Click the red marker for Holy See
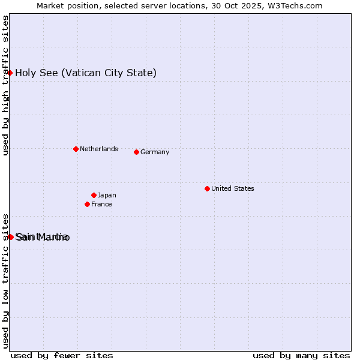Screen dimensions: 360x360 [x=10, y=73]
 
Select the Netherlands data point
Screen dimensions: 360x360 [x=76, y=149]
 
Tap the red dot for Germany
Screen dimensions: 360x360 [x=136, y=152]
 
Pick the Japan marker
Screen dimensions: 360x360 [x=94, y=195]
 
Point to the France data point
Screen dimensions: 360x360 [x=87, y=204]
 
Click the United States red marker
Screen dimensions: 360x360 [x=207, y=188]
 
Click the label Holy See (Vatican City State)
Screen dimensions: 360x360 [x=86, y=73]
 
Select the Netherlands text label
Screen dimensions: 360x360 [x=99, y=149]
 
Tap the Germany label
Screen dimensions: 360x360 [x=155, y=152]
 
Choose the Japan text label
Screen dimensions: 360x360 [x=107, y=195]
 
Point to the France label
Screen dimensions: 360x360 [x=101, y=204]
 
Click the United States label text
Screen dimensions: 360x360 [x=233, y=188]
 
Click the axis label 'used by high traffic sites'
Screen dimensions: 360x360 [x=5, y=86]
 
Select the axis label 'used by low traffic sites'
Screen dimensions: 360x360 [x=5, y=281]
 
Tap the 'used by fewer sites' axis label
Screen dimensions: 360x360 [x=62, y=355]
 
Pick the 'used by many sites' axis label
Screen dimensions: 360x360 [x=301, y=355]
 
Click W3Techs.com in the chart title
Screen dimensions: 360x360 [x=293, y=5]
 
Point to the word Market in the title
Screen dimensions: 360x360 [x=50, y=5]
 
